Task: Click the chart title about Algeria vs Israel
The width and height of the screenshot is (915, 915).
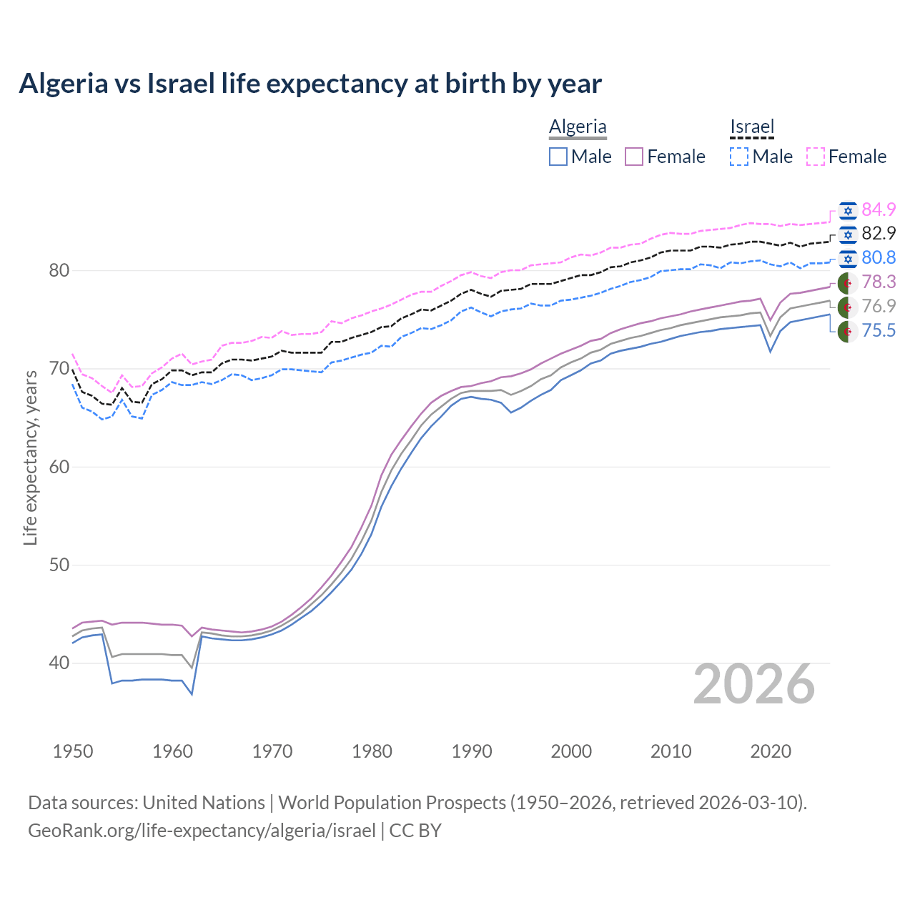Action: (310, 84)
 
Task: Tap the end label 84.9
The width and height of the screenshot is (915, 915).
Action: (879, 209)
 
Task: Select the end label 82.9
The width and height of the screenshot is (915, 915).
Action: (879, 233)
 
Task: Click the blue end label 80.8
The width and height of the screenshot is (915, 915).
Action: (879, 257)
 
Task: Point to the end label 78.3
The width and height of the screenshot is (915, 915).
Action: (879, 282)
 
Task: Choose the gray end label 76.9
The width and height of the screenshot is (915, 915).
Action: (879, 306)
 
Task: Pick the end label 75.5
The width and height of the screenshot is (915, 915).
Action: (879, 330)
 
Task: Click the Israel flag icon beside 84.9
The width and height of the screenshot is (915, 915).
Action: (848, 210)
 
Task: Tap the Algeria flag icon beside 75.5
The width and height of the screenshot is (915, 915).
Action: (848, 332)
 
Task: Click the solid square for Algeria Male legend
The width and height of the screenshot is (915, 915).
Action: (558, 157)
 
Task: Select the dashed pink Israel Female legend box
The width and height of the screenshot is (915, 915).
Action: (816, 157)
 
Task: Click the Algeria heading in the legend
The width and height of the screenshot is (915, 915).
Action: (578, 127)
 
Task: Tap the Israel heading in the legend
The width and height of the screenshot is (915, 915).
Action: (752, 127)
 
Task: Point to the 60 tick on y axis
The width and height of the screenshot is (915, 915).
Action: (59, 467)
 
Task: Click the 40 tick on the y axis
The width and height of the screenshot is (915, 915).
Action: (59, 663)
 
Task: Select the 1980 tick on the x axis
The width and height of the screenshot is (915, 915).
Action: (372, 751)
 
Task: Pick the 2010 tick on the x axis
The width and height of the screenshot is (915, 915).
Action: (671, 751)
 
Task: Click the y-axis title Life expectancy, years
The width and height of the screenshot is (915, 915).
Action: (30, 457)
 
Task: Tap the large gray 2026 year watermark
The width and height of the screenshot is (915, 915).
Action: (754, 684)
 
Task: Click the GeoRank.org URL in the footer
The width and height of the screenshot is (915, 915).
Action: (202, 831)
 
